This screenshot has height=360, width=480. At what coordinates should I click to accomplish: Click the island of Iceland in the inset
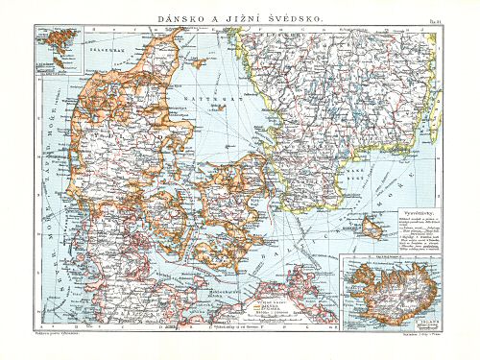click(389, 285)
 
